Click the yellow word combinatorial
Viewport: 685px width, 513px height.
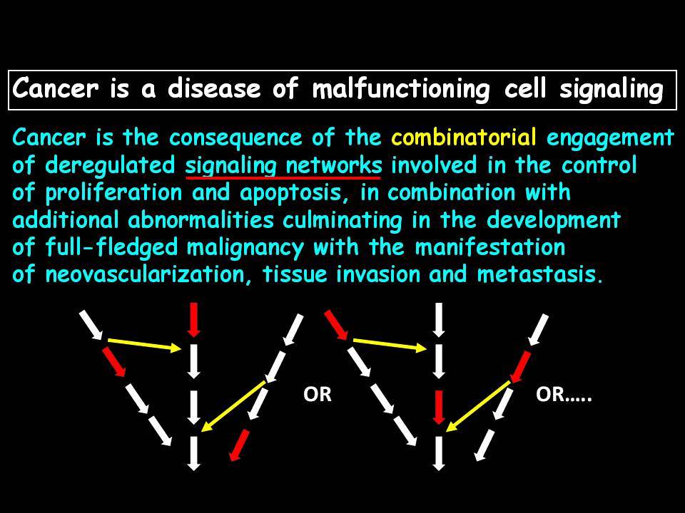pyautogui.click(x=464, y=138)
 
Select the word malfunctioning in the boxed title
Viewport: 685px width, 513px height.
pyautogui.click(x=401, y=89)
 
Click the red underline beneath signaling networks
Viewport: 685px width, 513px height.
pyautogui.click(x=283, y=177)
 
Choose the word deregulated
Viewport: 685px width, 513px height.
pyautogui.click(x=110, y=167)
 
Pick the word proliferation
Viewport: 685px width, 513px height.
pyautogui.click(x=113, y=194)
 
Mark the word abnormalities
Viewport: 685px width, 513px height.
pyautogui.click(x=201, y=220)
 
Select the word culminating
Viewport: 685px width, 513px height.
pyautogui.click(x=342, y=221)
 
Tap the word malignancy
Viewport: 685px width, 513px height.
pyautogui.click(x=245, y=248)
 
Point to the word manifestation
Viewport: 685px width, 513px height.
pyautogui.click(x=490, y=247)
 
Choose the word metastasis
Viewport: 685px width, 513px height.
pyautogui.click(x=540, y=275)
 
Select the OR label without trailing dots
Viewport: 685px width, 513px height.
pyautogui.click(x=318, y=394)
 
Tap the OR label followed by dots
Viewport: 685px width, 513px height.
pyautogui.click(x=564, y=394)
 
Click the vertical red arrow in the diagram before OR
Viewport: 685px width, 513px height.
pyautogui.click(x=193, y=320)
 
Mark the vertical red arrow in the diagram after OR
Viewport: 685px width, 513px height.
pyautogui.click(x=439, y=407)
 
